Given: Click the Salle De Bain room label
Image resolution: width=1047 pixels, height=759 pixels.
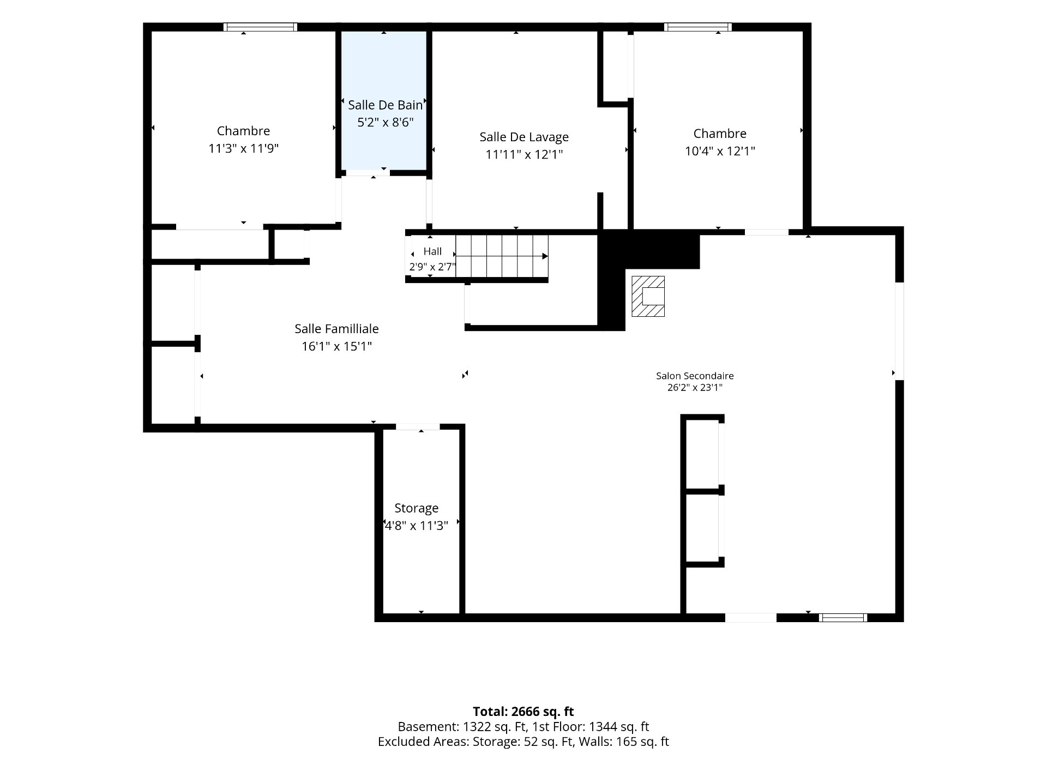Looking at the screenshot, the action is pos(385,105).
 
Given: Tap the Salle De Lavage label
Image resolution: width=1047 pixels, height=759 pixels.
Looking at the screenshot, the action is pos(524,137).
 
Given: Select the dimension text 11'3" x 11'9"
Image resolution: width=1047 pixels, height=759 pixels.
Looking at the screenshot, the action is pos(243,148).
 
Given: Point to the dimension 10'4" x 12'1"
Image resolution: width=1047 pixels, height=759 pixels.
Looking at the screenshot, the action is pos(720,151).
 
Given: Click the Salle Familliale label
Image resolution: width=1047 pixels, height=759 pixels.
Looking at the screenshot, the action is pos(336,329).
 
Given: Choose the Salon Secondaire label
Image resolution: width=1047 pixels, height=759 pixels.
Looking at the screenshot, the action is pos(695,376).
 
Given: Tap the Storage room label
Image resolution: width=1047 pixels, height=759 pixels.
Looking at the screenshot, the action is pos(417,508).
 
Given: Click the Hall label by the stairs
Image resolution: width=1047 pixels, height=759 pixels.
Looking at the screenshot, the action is pos(432,251).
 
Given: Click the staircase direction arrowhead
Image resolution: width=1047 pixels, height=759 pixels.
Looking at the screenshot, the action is pos(545,256).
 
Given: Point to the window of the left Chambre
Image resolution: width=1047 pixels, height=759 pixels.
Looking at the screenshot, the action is pos(260,27).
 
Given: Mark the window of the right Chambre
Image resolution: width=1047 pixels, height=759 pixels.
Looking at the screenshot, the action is pos(697,27).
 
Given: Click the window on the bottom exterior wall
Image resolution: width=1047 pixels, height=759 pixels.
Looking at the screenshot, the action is pos(843,618).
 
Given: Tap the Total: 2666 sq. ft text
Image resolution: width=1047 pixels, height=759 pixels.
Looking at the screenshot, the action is pos(523,712).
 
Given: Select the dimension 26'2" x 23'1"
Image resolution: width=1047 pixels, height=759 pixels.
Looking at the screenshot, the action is pos(695,388).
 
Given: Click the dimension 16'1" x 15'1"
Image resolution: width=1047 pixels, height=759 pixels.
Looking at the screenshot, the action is pos(336,346).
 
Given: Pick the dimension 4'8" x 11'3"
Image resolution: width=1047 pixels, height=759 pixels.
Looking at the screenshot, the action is pos(417,526).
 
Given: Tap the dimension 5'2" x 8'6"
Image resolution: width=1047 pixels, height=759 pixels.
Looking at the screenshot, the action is pos(385,122).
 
